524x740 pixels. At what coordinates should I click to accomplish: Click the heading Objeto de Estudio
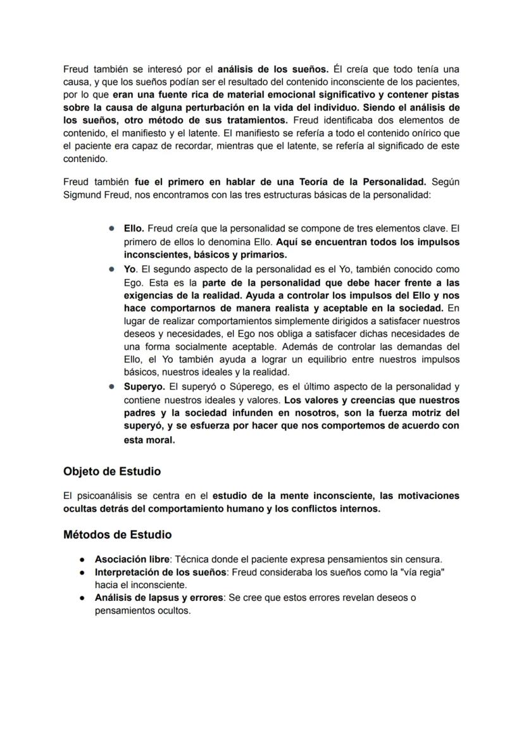pyautogui.click(x=111, y=472)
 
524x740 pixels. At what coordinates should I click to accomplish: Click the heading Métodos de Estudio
pyautogui.click(x=117, y=535)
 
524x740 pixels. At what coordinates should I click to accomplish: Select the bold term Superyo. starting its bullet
pyautogui.click(x=142, y=386)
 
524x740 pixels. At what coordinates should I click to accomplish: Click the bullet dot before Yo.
pyautogui.click(x=111, y=269)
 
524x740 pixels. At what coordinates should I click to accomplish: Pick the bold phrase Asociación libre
pyautogui.click(x=132, y=559)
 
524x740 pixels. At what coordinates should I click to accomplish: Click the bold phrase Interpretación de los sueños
pyautogui.click(x=160, y=572)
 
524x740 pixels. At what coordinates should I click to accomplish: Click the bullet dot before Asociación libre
pyautogui.click(x=82, y=560)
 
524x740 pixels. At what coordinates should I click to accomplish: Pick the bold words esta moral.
pyautogui.click(x=149, y=440)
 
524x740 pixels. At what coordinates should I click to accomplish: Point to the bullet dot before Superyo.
pyautogui.click(x=111, y=386)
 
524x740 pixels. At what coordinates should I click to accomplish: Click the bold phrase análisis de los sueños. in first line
pyautogui.click(x=273, y=68)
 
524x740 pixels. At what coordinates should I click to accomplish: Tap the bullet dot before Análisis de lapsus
pyautogui.click(x=82, y=598)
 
